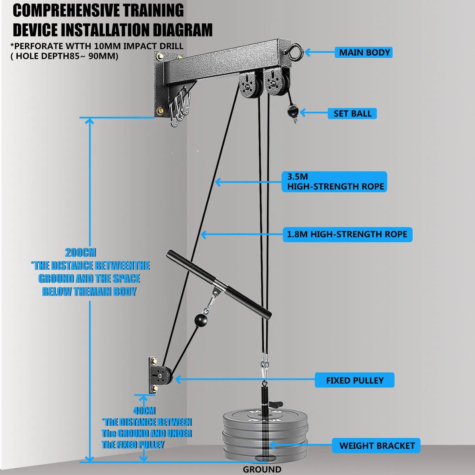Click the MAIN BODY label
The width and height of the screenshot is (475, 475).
pyautogui.click(x=364, y=52)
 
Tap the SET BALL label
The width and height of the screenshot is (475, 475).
pyautogui.click(x=352, y=113)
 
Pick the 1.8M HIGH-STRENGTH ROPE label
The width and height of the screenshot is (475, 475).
pyautogui.click(x=347, y=234)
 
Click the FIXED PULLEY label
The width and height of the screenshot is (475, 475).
pyautogui.click(x=355, y=380)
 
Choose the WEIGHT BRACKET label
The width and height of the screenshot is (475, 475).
pyautogui.click(x=376, y=446)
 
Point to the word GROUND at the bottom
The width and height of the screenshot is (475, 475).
pyautogui.click(x=262, y=469)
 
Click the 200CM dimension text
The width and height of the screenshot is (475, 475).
pyautogui.click(x=80, y=253)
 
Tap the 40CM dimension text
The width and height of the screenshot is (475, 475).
pyautogui.click(x=144, y=411)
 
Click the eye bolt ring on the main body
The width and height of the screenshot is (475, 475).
pyautogui.click(x=296, y=52)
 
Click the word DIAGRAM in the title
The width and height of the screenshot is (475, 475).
pyautogui.click(x=183, y=30)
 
